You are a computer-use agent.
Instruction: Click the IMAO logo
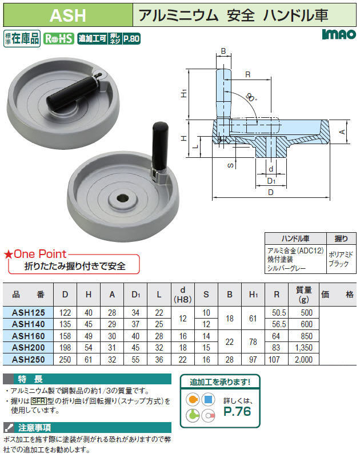[339, 34]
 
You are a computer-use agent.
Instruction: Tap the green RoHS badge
[58, 38]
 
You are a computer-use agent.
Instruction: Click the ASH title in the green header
[68, 15]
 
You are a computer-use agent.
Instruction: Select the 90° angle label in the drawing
[251, 97]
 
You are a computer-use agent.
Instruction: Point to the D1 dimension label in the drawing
[271, 181]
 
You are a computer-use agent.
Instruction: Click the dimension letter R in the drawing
[247, 74]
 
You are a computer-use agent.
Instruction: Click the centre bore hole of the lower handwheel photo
[122, 198]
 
